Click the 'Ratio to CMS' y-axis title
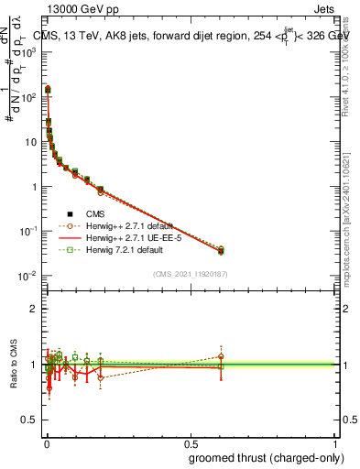(13, 365)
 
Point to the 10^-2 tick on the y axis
(29, 276)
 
